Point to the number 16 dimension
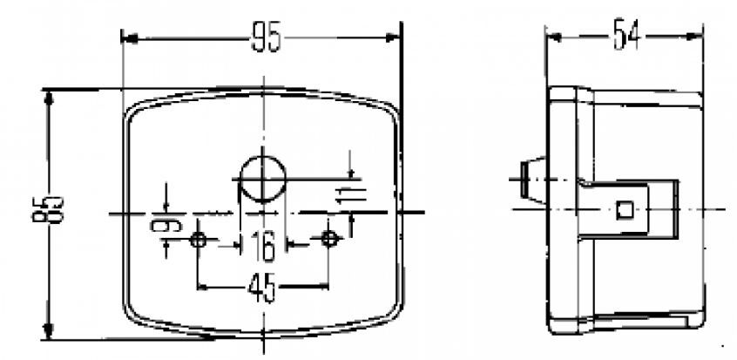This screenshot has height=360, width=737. (262, 246)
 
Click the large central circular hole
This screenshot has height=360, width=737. (262, 177)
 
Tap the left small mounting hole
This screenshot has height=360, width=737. (199, 239)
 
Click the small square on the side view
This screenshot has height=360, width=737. (624, 209)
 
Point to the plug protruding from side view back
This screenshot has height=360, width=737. (525, 180)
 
